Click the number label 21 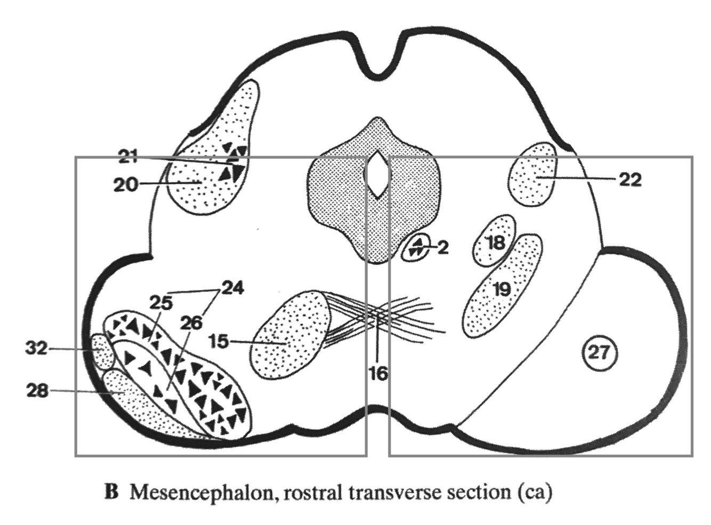pos(128,157)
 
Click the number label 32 pos(36,349)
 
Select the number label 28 pos(37,391)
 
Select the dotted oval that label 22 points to pos(532,176)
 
